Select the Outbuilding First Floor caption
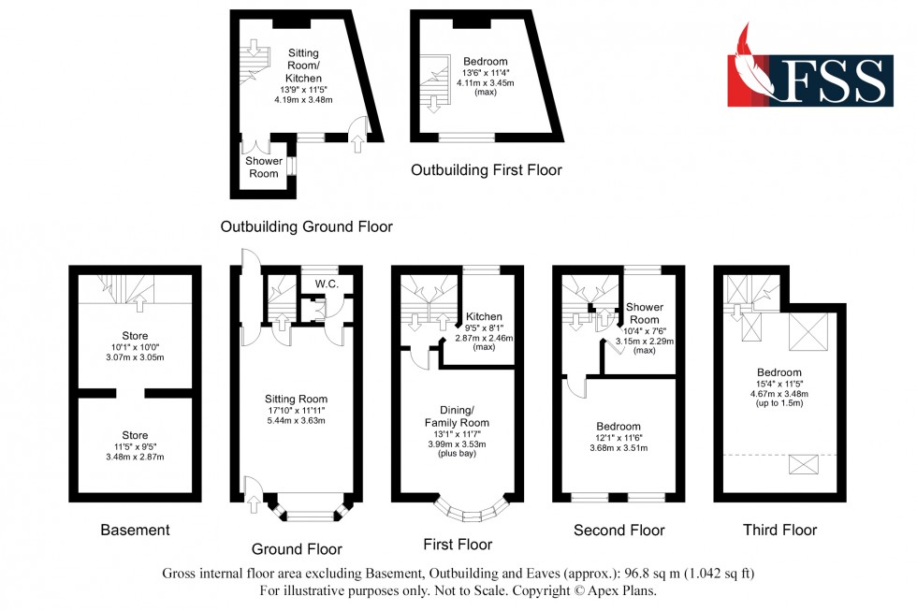[x=487, y=170]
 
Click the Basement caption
[x=135, y=531]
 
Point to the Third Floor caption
[x=779, y=531]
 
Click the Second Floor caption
[x=619, y=531]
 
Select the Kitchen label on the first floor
[x=484, y=317]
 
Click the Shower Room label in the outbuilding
[x=263, y=167]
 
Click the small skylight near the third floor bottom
[x=803, y=464]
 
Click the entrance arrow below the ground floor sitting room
[x=253, y=504]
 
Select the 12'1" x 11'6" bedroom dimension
[x=618, y=438]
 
